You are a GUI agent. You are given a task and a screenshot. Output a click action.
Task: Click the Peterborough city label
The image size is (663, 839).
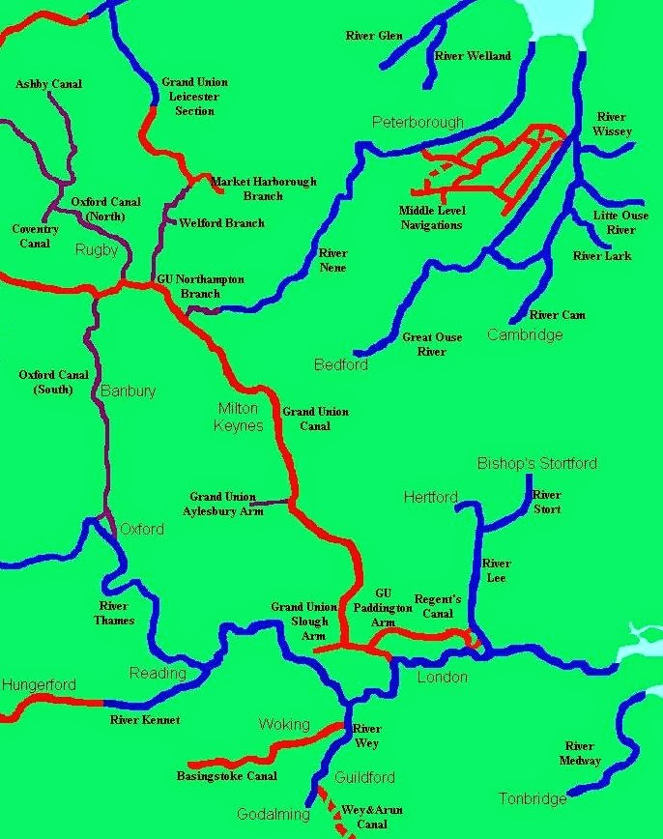pyautogui.click(x=418, y=123)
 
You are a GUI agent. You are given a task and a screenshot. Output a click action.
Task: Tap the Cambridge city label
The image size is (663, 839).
pyautogui.click(x=524, y=334)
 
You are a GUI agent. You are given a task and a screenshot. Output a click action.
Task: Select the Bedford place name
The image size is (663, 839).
pyautogui.click(x=341, y=364)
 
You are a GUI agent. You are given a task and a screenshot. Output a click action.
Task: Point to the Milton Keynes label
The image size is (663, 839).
pyautogui.click(x=239, y=417)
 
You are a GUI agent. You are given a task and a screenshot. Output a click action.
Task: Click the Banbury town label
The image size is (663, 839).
pyautogui.click(x=128, y=391)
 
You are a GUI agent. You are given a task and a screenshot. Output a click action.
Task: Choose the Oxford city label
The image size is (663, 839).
pyautogui.click(x=141, y=529)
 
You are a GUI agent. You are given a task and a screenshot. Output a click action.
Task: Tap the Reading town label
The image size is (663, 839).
pyautogui.click(x=158, y=673)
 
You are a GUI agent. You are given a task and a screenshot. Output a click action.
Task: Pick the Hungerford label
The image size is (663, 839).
pyautogui.click(x=39, y=685)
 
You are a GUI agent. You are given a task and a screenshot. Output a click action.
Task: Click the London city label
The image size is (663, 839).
pyautogui.click(x=442, y=678)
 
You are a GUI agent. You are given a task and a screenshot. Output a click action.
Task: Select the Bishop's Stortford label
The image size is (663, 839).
pyautogui.click(x=537, y=463)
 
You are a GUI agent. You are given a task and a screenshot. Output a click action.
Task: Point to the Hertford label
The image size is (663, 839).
pyautogui.click(x=430, y=497)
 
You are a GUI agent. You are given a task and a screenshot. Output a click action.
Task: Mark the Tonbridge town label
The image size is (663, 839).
pyautogui.click(x=533, y=798)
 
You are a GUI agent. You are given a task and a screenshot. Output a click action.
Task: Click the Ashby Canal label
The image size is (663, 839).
pyautogui.click(x=48, y=84)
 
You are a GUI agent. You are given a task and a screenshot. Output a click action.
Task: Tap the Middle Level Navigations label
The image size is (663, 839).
pyautogui.click(x=431, y=217)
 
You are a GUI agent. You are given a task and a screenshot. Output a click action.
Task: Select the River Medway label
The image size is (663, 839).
pyautogui.click(x=580, y=753)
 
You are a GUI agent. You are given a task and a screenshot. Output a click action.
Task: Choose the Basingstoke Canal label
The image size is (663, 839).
pyautogui.click(x=226, y=775)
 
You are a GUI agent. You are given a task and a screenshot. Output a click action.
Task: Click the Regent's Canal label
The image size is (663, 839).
pyautogui.click(x=438, y=606)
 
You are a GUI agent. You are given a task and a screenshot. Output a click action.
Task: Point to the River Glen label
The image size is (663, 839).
pyautogui.click(x=374, y=36)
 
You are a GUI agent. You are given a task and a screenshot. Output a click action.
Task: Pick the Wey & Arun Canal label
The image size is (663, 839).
pyautogui.click(x=372, y=817)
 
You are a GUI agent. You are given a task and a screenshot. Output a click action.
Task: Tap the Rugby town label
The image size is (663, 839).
pyautogui.click(x=96, y=249)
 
